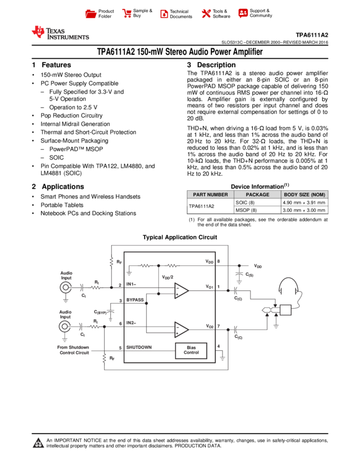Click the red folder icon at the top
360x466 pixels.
[x=91, y=14]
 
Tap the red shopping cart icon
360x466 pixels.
[x=127, y=14]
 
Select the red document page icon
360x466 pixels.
[x=164, y=14]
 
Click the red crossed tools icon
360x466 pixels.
[x=206, y=14]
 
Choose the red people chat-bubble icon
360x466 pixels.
[x=243, y=13]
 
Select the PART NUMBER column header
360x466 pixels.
[x=210, y=195]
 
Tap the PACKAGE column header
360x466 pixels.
[x=258, y=195]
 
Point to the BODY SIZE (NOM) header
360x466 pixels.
[x=305, y=195]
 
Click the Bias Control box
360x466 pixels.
[x=191, y=350]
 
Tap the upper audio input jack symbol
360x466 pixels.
[x=66, y=287]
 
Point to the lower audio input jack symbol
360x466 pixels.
[x=65, y=327]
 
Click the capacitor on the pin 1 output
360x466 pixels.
[x=235, y=291]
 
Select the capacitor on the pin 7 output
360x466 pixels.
[x=235, y=329]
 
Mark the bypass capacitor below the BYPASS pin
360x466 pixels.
[x=110, y=310]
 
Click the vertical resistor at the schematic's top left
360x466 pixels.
[x=111, y=262]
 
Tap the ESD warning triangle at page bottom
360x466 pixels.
[x=38, y=443]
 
